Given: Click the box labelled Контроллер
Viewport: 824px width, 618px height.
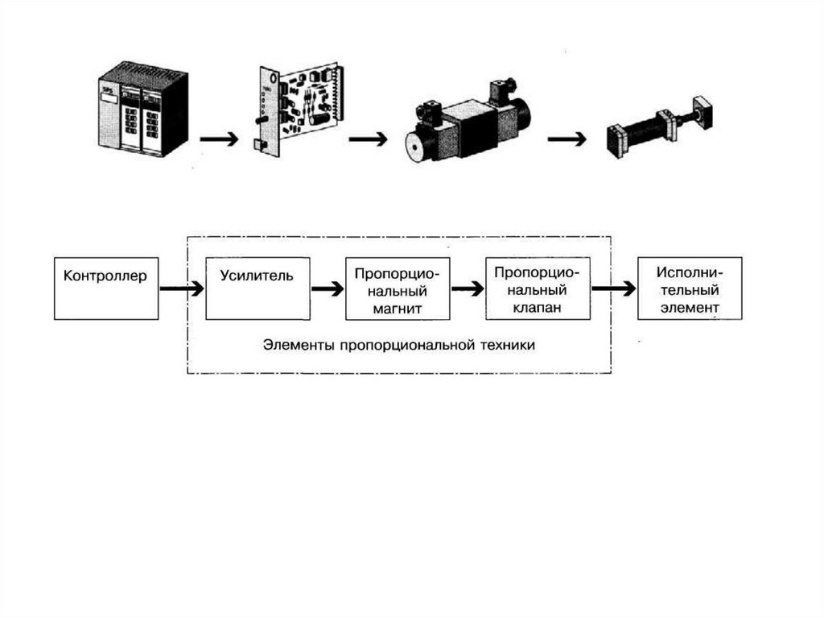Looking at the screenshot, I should (x=106, y=288).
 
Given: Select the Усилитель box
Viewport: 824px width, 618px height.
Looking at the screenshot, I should (x=257, y=288).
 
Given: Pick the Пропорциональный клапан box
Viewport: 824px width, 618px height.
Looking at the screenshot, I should (x=538, y=288).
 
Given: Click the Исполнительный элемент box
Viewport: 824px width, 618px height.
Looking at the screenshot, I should (x=690, y=288).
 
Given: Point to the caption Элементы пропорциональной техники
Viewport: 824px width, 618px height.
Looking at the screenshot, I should (x=398, y=345).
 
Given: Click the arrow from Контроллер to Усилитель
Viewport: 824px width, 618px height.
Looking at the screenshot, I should (x=182, y=288).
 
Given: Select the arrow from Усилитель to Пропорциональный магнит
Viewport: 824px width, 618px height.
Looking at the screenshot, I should (x=327, y=288).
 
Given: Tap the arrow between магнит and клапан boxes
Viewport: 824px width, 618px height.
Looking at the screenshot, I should (x=468, y=288).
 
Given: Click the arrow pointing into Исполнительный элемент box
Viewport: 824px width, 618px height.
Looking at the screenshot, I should (x=613, y=288).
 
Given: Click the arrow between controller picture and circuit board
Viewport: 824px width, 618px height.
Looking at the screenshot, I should (x=219, y=139).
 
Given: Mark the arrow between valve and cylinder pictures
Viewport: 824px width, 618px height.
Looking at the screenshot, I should (x=567, y=139).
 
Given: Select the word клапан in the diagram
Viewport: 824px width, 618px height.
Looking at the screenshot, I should (x=538, y=307).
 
